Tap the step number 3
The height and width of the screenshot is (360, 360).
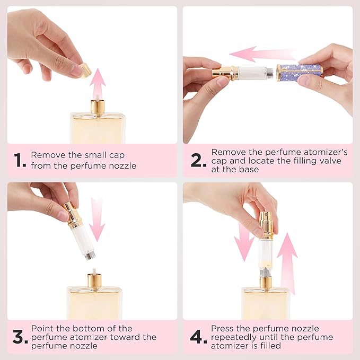tap(20, 337)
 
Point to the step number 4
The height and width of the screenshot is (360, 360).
tap(198, 337)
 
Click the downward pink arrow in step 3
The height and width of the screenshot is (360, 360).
tap(98, 218)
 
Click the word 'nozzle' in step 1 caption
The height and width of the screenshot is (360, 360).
tap(122, 165)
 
